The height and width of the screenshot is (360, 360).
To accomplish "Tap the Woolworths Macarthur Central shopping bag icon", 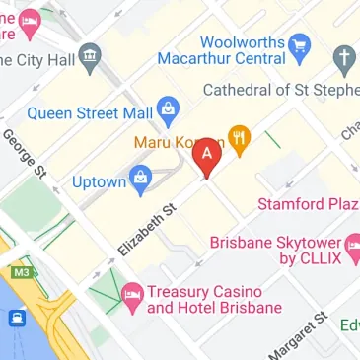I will (301, 44).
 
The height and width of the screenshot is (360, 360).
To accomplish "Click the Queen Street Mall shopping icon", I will (169, 108).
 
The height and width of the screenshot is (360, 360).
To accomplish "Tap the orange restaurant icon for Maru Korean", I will (237, 137).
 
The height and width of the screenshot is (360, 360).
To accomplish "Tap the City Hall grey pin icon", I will (90, 55).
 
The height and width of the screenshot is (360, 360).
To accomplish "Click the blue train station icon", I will (17, 318).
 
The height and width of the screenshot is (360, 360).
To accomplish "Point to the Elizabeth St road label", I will (147, 231).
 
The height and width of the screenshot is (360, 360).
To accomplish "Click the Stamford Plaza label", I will (307, 204).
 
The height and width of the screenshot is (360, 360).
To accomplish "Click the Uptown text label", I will (101, 181).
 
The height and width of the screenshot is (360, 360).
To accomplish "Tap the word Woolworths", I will (243, 43).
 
